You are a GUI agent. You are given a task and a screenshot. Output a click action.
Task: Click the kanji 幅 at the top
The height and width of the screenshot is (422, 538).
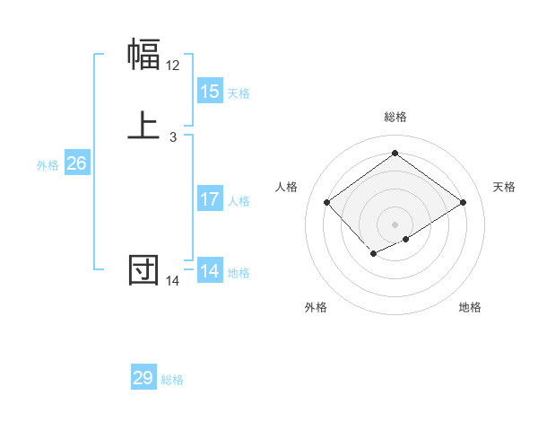point(144,55)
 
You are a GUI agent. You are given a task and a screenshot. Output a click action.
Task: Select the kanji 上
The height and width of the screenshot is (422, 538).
point(144,126)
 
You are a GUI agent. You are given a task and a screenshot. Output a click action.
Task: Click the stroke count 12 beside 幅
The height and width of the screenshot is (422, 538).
point(173,66)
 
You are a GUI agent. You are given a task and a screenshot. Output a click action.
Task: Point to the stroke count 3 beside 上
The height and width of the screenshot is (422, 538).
point(173,137)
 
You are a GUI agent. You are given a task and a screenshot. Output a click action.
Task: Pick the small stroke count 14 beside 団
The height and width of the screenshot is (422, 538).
point(173,281)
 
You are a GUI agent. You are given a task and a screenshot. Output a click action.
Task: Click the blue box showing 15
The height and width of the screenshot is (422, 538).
point(210,92)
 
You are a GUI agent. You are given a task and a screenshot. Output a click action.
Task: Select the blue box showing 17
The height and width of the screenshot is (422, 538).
point(210,199)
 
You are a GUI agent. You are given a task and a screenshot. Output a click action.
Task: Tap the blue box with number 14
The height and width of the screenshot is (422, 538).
point(210,271)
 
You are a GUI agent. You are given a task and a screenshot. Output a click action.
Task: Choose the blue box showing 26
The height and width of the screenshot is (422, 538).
point(77,163)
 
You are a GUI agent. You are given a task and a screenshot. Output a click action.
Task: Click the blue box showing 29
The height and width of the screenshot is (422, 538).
point(143,378)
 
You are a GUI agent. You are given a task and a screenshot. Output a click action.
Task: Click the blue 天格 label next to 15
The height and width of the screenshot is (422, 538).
point(239,93)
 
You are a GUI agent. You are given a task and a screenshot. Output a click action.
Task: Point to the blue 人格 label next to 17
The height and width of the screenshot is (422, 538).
point(239,201)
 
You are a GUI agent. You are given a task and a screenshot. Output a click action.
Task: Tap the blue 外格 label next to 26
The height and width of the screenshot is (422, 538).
point(48,165)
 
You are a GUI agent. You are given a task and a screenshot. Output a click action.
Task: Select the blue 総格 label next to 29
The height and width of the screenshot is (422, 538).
point(172,380)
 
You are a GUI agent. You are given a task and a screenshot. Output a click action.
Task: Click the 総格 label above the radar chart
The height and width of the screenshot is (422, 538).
point(395,117)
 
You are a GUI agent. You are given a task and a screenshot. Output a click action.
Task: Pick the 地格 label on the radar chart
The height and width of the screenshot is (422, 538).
point(470,307)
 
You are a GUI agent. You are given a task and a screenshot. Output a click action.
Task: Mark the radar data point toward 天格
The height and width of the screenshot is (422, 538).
point(464,204)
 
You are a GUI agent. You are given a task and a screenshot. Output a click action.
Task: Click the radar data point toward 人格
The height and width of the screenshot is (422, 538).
point(326,203)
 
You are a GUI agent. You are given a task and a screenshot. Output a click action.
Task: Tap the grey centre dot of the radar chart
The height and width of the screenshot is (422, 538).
point(395,224)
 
